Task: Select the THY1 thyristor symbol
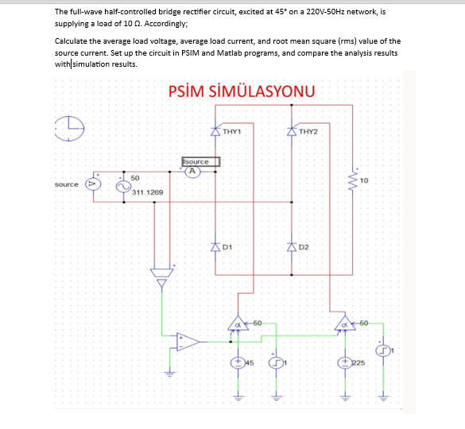pos(215,131)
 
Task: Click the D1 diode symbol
pos(215,247)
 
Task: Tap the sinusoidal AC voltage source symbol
pos(123,185)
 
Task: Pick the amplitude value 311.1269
pos(147,193)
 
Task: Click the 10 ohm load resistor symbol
pos(353,182)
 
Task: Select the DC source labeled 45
pos(237,362)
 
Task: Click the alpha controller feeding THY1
pos(237,323)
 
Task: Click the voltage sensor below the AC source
pos(161,276)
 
